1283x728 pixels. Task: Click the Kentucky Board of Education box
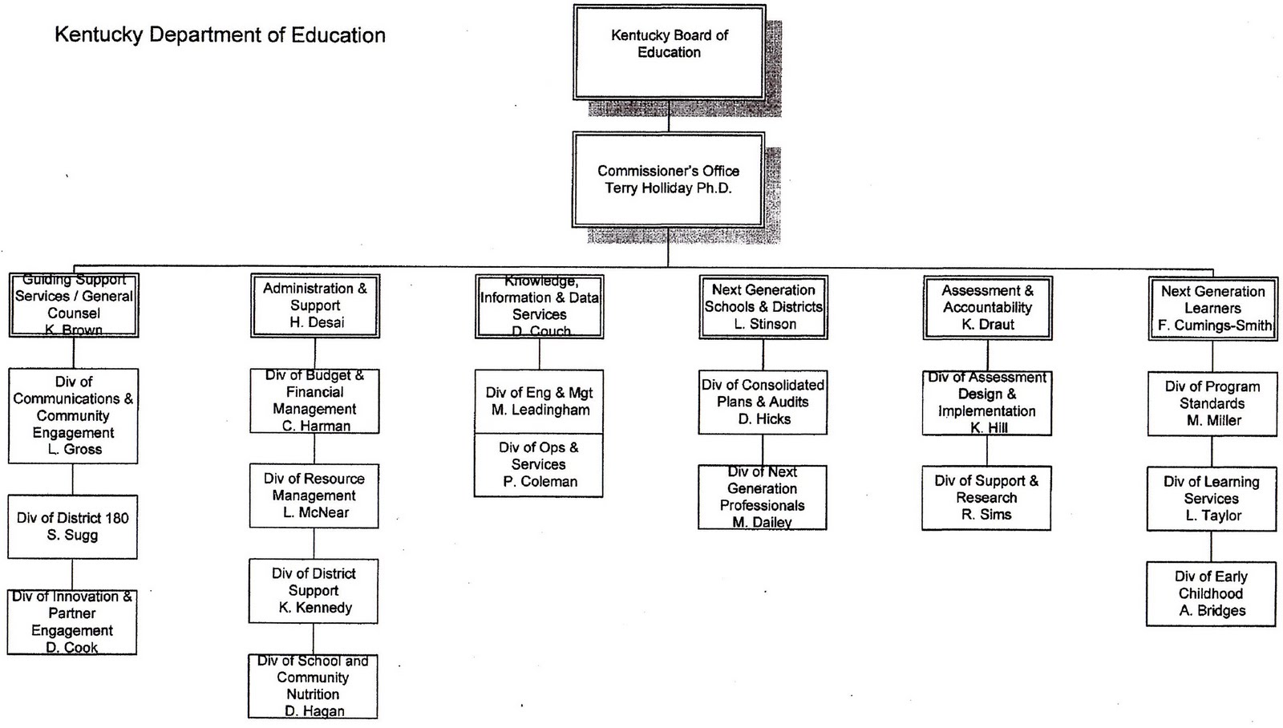(x=669, y=52)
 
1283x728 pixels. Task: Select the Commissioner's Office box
(x=668, y=180)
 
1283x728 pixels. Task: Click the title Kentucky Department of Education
(x=220, y=35)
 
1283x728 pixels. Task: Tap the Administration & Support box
(x=315, y=305)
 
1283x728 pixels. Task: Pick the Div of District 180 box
(x=72, y=526)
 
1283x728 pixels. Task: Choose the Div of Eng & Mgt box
(x=539, y=401)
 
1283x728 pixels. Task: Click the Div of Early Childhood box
(x=1211, y=593)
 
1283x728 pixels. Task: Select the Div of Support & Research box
(x=986, y=497)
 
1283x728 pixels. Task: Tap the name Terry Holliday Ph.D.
(x=668, y=188)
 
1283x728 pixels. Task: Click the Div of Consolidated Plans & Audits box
(x=763, y=402)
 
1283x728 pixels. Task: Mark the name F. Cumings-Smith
(x=1214, y=326)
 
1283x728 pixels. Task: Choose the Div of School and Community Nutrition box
(x=313, y=686)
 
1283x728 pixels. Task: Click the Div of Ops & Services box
(x=539, y=465)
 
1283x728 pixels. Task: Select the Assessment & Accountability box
(x=988, y=307)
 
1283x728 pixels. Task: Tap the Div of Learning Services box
(x=1212, y=499)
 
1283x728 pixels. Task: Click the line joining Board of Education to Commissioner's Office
(x=669, y=116)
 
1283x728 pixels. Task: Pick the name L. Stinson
(x=765, y=324)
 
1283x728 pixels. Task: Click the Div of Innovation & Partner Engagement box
(x=72, y=622)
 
